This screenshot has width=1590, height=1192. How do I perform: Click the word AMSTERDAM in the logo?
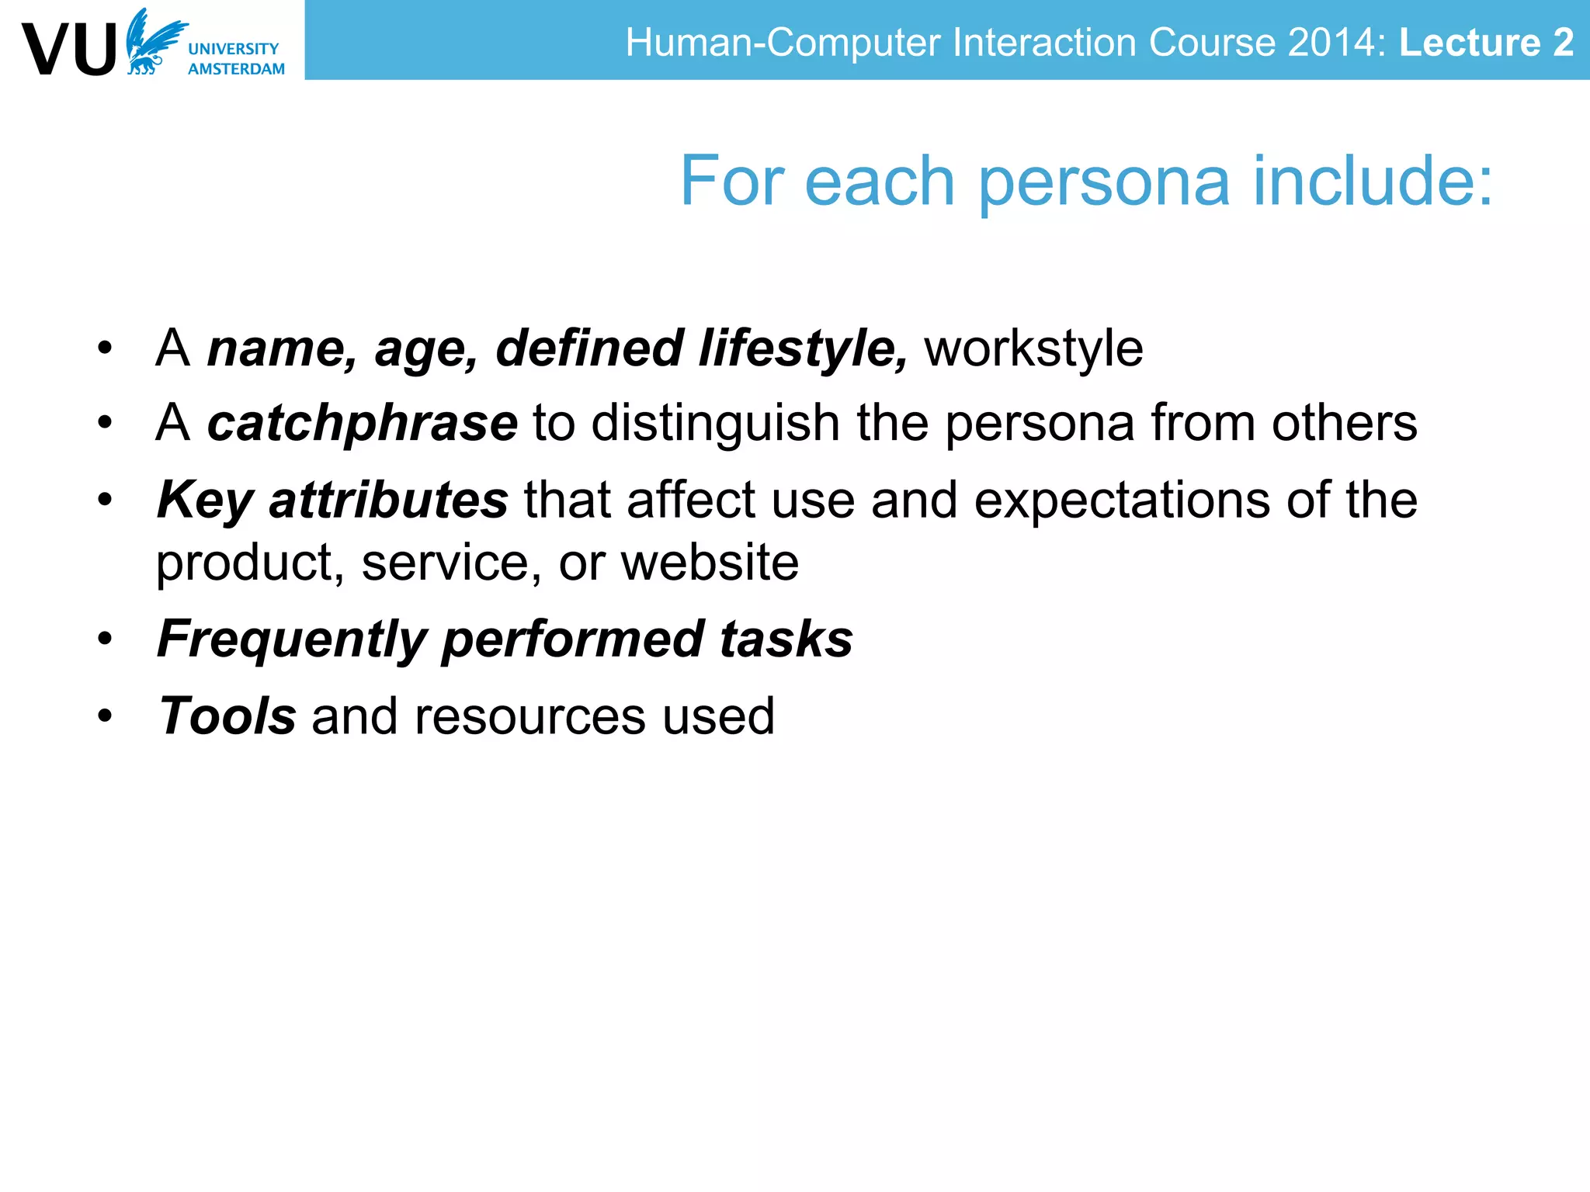(x=236, y=69)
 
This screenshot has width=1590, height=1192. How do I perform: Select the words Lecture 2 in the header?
(x=1486, y=42)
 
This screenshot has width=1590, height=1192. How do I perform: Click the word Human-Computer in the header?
(x=783, y=42)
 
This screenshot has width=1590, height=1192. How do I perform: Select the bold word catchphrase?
(x=362, y=424)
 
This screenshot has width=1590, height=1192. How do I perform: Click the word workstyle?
(x=1033, y=348)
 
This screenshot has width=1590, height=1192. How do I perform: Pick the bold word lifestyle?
(x=802, y=348)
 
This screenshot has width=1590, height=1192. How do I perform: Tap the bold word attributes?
(x=388, y=501)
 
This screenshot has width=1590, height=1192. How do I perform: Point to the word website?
(x=710, y=563)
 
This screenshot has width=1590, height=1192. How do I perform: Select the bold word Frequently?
(x=292, y=640)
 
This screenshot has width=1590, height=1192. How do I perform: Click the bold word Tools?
(x=227, y=716)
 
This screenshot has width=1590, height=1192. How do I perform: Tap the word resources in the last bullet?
(x=530, y=716)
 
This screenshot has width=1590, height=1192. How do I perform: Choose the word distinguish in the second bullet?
(x=715, y=424)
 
